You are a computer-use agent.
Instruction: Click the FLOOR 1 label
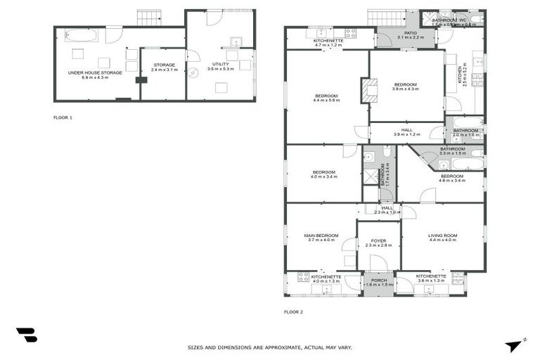pos(63,117)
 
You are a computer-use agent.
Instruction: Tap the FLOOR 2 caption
pos(293,311)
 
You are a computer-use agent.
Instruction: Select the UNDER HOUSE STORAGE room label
pos(95,72)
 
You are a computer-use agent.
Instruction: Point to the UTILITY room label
pos(221,64)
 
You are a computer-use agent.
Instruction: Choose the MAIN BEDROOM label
pos(321,236)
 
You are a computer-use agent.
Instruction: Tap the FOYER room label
pos(378,240)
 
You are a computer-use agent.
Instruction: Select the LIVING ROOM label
pos(443,236)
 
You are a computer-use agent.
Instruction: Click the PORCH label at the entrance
pos(378,281)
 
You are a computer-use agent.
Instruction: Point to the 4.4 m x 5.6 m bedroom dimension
pos(326,101)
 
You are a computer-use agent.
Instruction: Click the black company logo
pos(26,335)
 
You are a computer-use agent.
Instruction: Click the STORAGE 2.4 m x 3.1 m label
pos(164,67)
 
